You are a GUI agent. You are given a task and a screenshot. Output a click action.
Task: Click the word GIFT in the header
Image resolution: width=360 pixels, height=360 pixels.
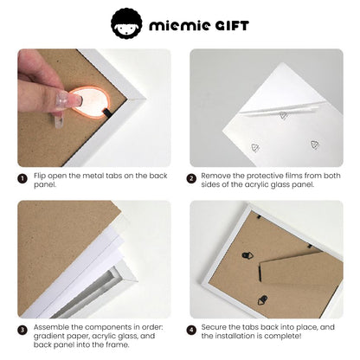228,24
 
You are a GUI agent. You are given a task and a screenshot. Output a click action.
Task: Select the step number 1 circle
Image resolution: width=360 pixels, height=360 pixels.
22,179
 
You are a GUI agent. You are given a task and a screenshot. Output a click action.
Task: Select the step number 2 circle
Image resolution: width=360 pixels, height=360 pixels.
192,179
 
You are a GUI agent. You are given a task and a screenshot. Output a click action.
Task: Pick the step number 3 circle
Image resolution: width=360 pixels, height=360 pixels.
22,330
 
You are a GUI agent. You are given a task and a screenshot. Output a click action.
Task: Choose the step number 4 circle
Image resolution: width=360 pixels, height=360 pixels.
192,330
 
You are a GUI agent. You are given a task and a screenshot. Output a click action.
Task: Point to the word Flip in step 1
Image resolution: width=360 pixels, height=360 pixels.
41,177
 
